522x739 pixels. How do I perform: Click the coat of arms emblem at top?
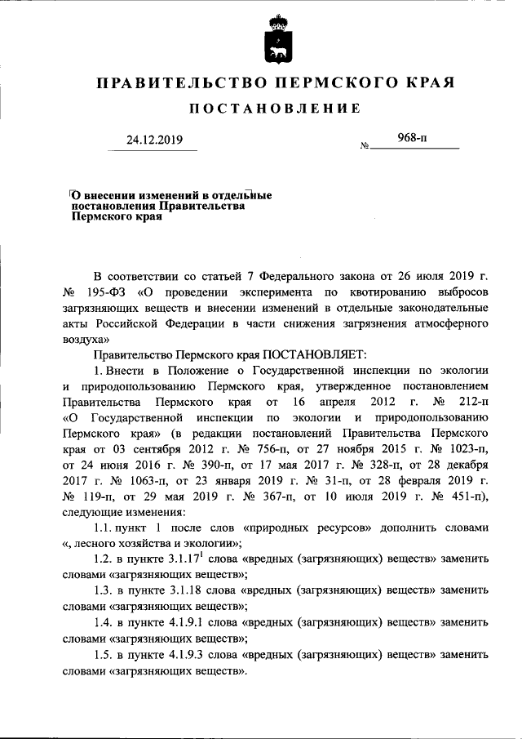coord(278,39)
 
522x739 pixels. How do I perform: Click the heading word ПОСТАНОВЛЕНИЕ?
coord(275,109)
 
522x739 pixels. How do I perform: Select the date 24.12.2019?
coord(155,140)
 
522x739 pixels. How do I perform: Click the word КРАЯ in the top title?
coord(425,82)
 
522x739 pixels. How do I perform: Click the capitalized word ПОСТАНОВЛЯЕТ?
coord(314,354)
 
